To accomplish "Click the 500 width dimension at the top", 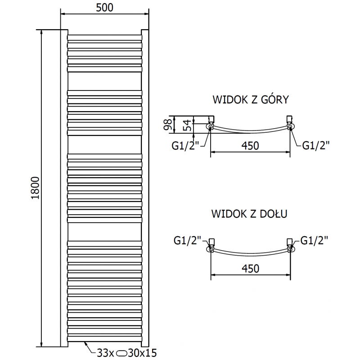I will (x=104, y=8).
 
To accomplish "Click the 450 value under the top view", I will (x=250, y=146).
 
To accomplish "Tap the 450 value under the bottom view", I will (x=250, y=269).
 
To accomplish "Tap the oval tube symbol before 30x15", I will (x=122, y=353).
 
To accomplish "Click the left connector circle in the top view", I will (x=211, y=127).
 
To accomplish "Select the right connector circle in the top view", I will (x=290, y=127).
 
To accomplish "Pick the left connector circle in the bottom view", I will (x=211, y=249).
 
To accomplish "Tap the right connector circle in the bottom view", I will (x=291, y=249).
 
